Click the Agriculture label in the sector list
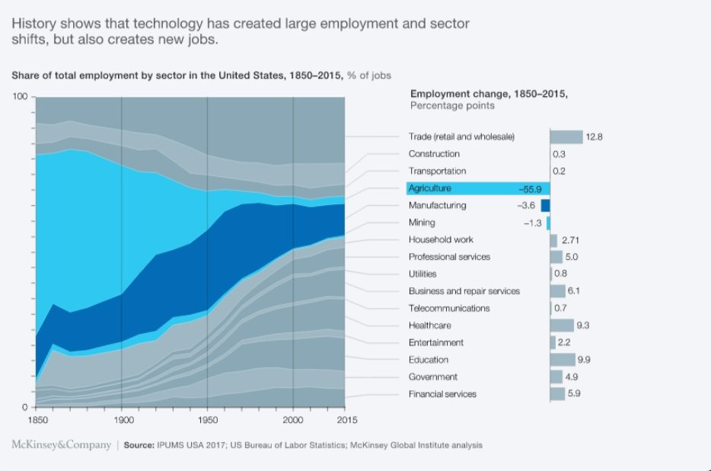pyautogui.click(x=430, y=188)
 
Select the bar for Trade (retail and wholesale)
pyautogui.click(x=566, y=137)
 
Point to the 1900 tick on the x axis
pyautogui.click(x=122, y=419)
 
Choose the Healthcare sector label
pyautogui.click(x=430, y=325)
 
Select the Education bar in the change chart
pyautogui.click(x=563, y=360)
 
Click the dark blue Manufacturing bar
pyautogui.click(x=545, y=206)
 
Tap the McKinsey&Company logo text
pyautogui.click(x=62, y=444)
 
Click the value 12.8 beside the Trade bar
pyautogui.click(x=595, y=137)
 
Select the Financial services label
pyautogui.click(x=442, y=394)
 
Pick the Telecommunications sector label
pyautogui.click(x=449, y=308)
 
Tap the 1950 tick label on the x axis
pyautogui.click(x=207, y=419)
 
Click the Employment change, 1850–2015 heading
pyautogui.click(x=489, y=94)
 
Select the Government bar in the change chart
pyautogui.click(x=556, y=377)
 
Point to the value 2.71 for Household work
pyautogui.click(x=570, y=240)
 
